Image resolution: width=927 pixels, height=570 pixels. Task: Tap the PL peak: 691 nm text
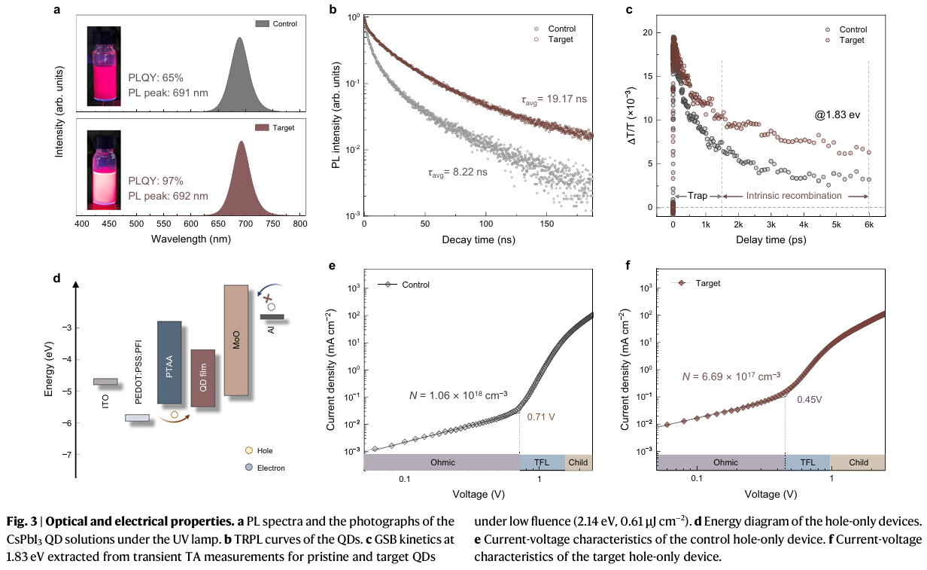(167, 93)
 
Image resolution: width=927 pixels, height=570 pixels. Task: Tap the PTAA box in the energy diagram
(169, 362)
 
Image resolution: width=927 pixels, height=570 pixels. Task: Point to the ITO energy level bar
(105, 382)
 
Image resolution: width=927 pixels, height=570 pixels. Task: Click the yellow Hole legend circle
(248, 450)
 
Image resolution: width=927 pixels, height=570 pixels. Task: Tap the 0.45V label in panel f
(810, 399)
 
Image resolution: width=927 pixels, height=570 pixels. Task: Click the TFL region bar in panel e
(542, 462)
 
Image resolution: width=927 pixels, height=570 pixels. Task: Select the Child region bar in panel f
(857, 462)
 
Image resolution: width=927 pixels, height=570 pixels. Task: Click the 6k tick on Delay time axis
(868, 225)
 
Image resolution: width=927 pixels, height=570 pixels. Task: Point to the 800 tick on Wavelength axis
(299, 224)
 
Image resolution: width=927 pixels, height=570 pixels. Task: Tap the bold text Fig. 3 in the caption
(21, 522)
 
